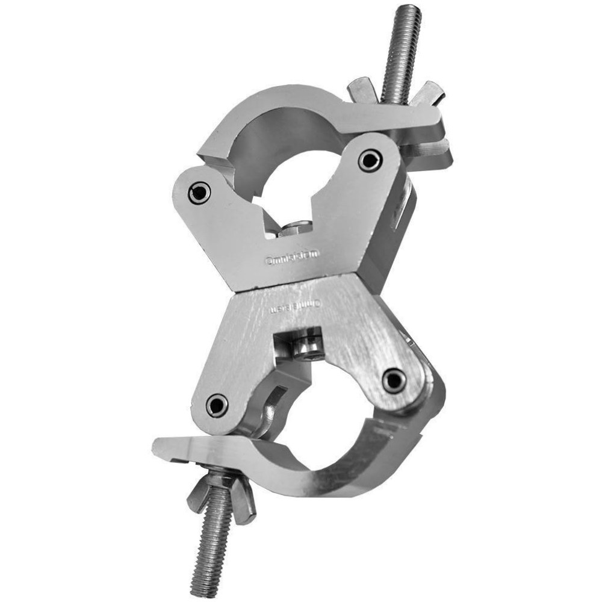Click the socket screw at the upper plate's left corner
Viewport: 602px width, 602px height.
(199, 193)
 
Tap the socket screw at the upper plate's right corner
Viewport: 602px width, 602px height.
(368, 160)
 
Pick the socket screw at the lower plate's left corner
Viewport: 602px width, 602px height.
(217, 405)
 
